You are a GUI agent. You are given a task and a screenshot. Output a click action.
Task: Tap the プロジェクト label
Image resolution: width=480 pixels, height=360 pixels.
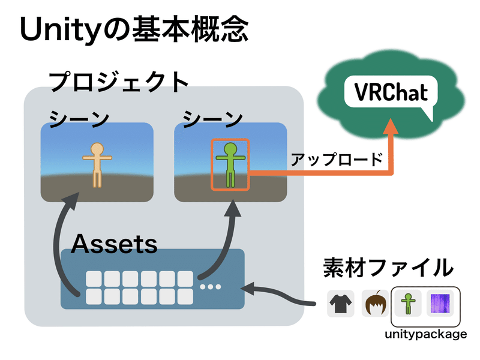coord(119,82)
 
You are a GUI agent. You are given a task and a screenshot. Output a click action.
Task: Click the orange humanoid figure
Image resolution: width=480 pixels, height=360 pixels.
coord(97,163)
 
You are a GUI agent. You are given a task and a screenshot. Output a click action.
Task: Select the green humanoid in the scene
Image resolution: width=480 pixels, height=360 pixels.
coord(229,163)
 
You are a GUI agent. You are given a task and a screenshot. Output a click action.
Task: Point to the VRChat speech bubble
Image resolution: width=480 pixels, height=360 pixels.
coord(391,95)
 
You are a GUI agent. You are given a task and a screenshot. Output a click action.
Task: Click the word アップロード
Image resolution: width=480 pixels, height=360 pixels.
coord(336,160)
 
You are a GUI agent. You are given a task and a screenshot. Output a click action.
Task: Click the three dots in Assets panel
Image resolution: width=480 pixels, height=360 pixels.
coord(211,287)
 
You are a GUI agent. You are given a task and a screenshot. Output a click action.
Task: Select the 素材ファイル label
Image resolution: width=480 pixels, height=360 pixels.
coord(386,266)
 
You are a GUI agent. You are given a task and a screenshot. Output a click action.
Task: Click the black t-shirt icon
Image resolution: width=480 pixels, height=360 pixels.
coord(340,303)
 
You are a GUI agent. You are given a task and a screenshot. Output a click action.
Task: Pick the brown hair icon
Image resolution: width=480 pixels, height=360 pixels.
coord(375,303)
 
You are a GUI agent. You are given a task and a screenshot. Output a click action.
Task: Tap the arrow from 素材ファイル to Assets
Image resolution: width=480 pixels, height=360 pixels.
coord(282,294)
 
